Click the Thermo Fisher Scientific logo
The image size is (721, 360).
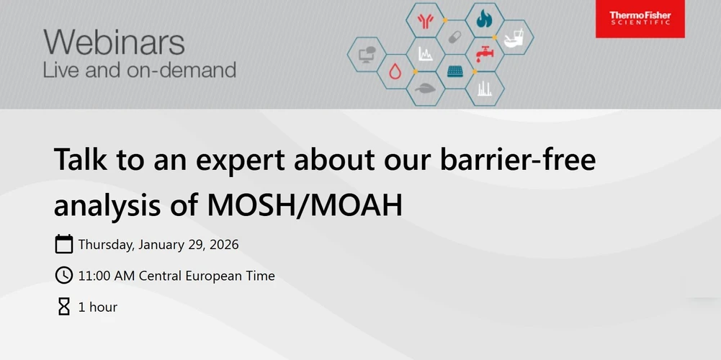pyautogui.click(x=640, y=19)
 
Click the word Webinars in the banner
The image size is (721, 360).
pyautogui.click(x=114, y=43)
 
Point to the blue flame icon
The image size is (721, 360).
pyautogui.click(x=484, y=19)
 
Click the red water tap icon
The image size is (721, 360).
pyautogui.click(x=484, y=53)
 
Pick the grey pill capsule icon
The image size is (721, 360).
pyautogui.click(x=454, y=37)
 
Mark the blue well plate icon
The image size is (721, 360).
pyautogui.click(x=454, y=71)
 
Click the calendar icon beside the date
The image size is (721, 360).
pyautogui.click(x=64, y=244)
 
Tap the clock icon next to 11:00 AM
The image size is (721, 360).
pyautogui.click(x=64, y=275)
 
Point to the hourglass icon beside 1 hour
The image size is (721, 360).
pyautogui.click(x=64, y=307)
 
